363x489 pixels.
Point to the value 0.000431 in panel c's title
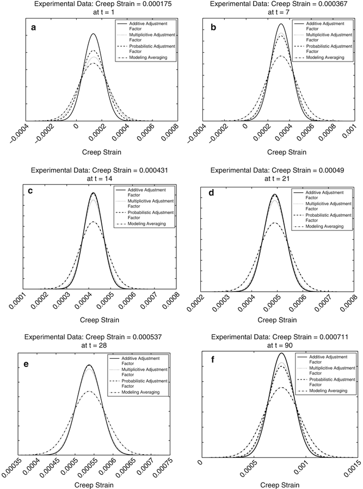tap(155, 170)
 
